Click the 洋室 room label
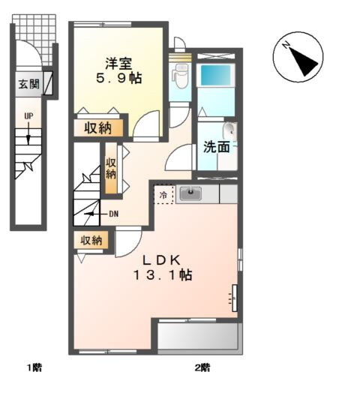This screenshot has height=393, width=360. tap(118, 63)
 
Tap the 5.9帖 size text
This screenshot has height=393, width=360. tap(118, 78)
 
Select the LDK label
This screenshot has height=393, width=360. tap(162, 261)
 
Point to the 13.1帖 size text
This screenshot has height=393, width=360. tap(163, 275)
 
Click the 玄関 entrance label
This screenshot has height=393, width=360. tap(29, 84)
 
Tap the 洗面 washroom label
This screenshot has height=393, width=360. tap(216, 147)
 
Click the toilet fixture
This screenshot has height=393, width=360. tap(180, 76)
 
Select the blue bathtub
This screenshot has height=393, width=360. tap(216, 76)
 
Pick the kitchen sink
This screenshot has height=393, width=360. tap(190, 193)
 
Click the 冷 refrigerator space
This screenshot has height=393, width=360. tap(163, 195)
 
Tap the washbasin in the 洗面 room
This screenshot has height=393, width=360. tap(230, 131)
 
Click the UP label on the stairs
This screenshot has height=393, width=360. tap(28, 116)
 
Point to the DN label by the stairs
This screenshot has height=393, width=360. tap(114, 214)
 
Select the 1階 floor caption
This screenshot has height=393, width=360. tap(34, 368)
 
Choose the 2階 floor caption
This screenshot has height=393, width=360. tap(202, 368)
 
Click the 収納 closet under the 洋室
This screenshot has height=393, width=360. tap(98, 128)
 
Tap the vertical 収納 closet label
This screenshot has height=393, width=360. tap(110, 169)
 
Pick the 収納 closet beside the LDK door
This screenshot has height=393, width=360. tap(91, 240)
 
